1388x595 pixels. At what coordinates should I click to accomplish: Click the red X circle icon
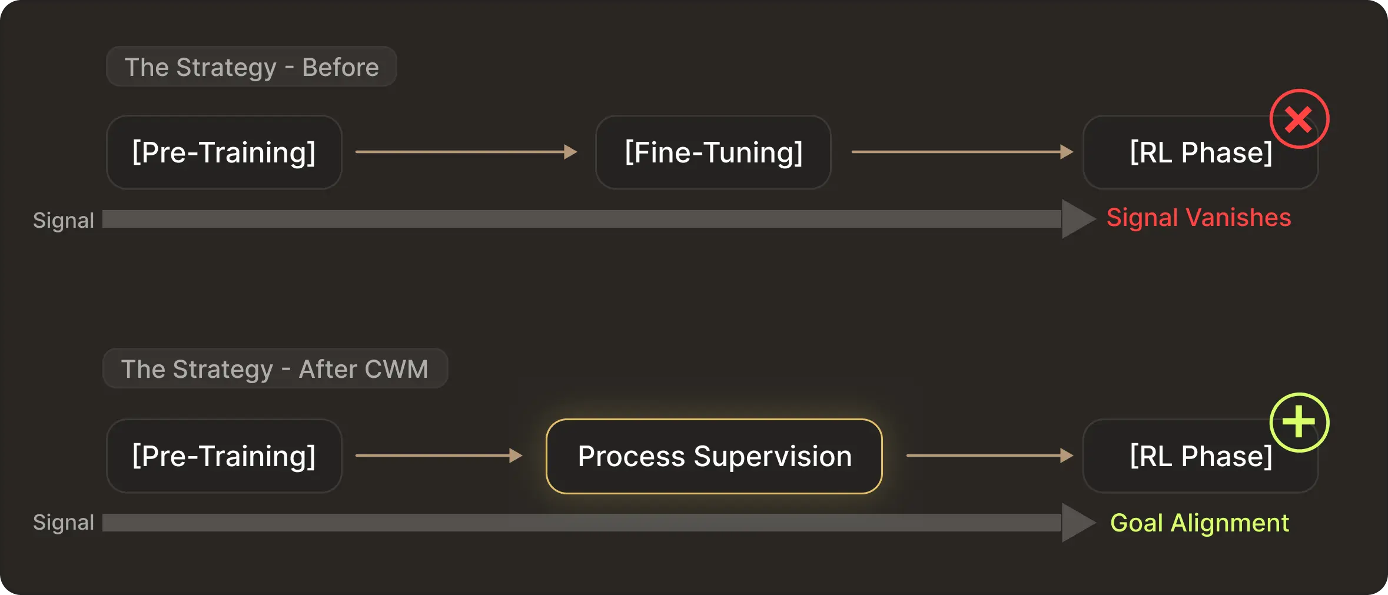pos(1299,119)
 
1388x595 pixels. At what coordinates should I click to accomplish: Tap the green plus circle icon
pos(1299,423)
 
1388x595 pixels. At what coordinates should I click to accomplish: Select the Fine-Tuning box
pos(713,152)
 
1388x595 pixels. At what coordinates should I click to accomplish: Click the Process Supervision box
pos(714,456)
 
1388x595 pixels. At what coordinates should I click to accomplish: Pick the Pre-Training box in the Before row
pos(224,152)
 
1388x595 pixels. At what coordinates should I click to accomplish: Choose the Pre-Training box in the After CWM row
pos(224,456)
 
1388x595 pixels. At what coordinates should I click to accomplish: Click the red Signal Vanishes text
pos(1198,218)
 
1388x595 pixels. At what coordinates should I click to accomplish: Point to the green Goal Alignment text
pos(1199,523)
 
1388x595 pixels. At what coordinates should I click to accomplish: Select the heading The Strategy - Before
pos(251,67)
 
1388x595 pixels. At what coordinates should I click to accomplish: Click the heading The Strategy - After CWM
pos(275,369)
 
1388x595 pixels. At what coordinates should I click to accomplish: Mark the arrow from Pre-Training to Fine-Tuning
pos(466,152)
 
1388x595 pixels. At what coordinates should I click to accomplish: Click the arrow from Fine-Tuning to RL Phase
pos(962,152)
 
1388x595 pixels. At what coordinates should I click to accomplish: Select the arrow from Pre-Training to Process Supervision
pos(439,456)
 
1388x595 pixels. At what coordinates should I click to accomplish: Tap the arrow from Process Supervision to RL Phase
pos(989,456)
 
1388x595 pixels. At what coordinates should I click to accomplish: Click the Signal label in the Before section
pos(63,220)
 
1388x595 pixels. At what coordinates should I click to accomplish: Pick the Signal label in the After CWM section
pos(63,523)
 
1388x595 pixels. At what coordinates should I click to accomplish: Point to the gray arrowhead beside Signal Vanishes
pos(1077,219)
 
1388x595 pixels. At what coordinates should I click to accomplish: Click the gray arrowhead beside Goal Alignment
pos(1077,523)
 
